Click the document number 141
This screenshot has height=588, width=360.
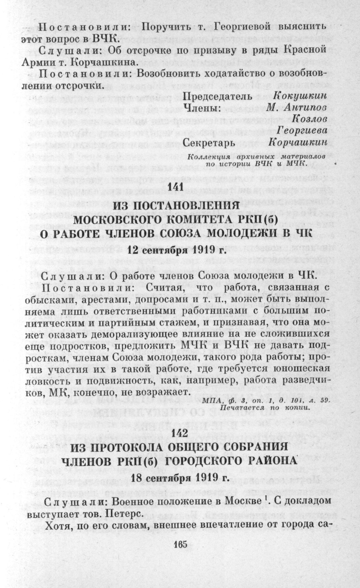[x=180, y=186]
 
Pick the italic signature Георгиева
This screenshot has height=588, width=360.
[x=303, y=131]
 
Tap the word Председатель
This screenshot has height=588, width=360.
[x=217, y=96]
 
